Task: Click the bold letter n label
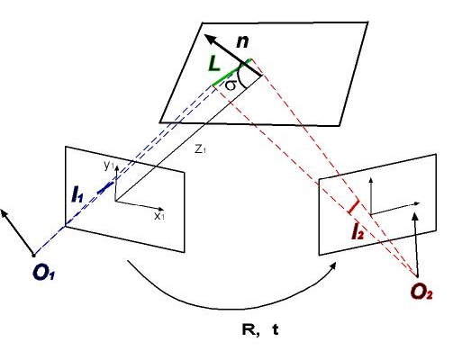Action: click(x=242, y=41)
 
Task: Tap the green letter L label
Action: click(x=214, y=64)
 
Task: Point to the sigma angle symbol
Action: click(x=231, y=85)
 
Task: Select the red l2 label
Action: click(x=358, y=232)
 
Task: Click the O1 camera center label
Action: click(x=44, y=273)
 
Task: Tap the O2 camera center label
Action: click(x=421, y=292)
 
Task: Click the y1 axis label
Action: click(x=109, y=166)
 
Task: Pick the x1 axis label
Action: click(x=159, y=216)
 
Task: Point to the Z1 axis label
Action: click(x=200, y=149)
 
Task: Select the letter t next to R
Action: click(x=276, y=329)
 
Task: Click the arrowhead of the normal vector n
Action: click(x=210, y=39)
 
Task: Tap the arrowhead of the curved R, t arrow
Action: click(x=332, y=266)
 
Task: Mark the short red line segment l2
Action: click(x=353, y=207)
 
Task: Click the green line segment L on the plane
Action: click(x=231, y=73)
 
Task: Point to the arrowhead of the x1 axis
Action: click(x=161, y=209)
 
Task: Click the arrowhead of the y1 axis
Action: click(x=116, y=168)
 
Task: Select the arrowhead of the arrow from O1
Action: click(x=5, y=213)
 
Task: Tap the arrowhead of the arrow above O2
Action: click(x=415, y=216)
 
